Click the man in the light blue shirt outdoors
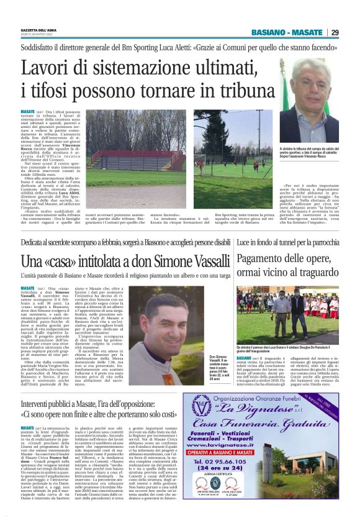point(323,314)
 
